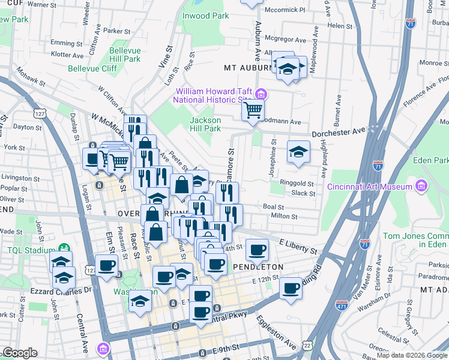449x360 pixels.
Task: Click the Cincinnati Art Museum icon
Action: point(421,187)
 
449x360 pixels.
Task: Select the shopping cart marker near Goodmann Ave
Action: point(253,110)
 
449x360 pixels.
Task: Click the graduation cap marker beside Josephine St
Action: point(298,151)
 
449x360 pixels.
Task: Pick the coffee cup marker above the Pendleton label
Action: point(258,249)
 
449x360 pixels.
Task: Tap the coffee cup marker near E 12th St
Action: point(291,287)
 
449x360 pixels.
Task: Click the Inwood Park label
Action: point(206,16)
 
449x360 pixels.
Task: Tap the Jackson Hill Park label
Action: point(205,124)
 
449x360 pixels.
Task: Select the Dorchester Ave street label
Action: point(338,131)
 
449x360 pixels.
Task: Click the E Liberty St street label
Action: point(298,245)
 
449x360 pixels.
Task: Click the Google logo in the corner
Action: point(19,353)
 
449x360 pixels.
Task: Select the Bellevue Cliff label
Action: point(92,69)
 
